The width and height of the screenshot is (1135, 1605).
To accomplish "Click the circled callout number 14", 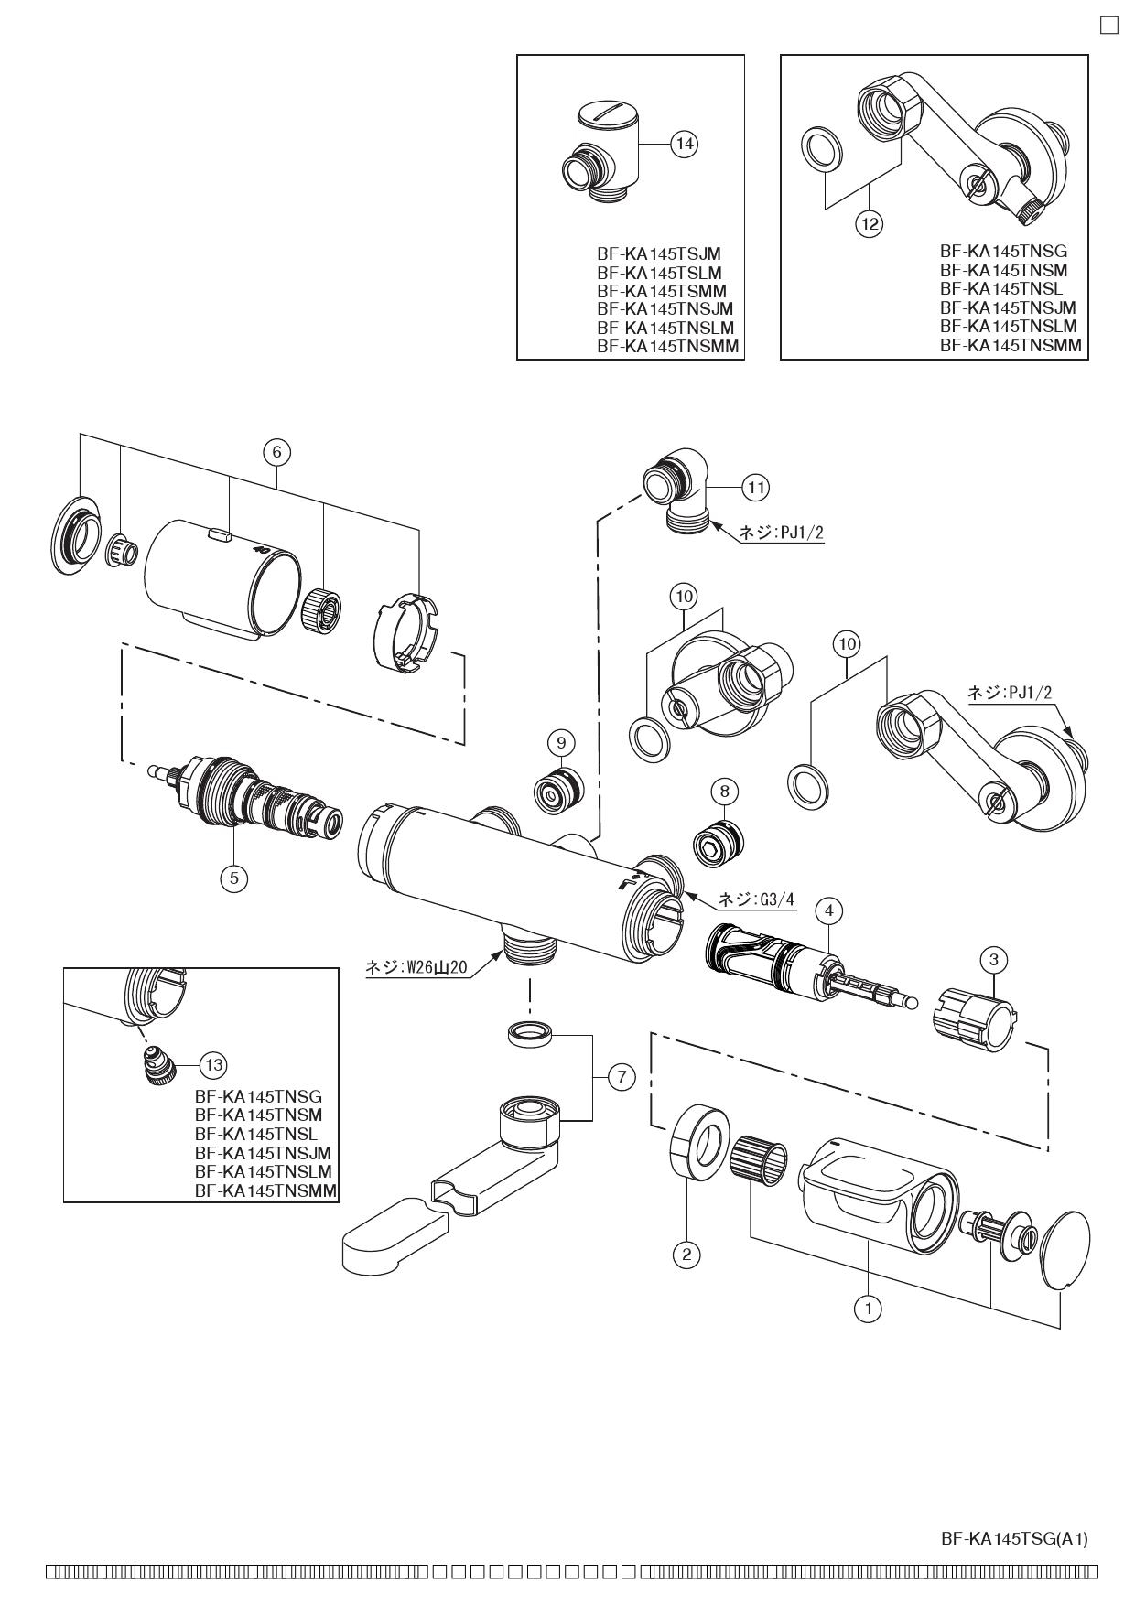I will [684, 144].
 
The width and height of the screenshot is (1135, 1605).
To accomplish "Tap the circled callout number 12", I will [870, 221].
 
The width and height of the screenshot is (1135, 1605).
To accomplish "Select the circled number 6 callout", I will [276, 451].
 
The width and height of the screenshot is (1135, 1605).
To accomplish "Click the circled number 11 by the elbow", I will [755, 487].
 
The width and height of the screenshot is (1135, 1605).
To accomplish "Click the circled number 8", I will [724, 790].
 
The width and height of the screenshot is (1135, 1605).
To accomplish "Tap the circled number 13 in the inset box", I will [213, 1064].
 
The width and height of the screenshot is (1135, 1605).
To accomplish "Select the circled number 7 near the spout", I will [621, 1077].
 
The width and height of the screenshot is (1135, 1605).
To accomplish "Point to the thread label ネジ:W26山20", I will [416, 967].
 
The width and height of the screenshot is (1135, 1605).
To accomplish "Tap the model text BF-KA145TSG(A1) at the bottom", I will [1014, 1540].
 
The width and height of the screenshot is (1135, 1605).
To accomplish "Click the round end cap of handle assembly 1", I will [1066, 1250].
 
